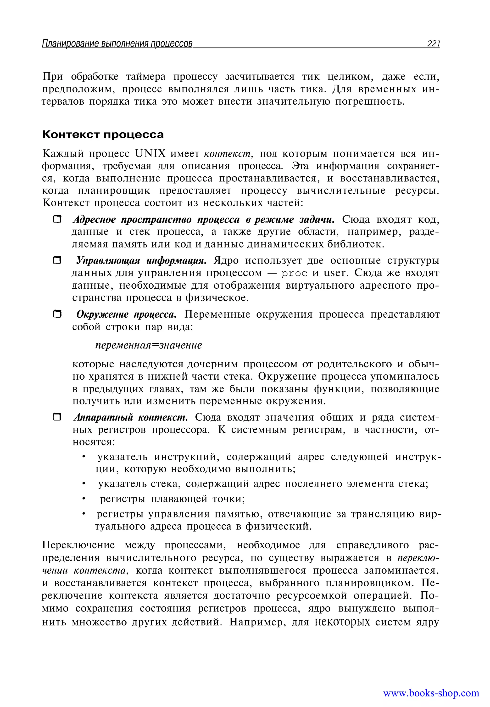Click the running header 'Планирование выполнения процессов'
(x=117, y=44)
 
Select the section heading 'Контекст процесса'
(x=103, y=135)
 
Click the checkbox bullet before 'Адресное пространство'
(x=57, y=219)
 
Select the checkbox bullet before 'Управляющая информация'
(x=57, y=260)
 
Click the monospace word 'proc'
(x=295, y=273)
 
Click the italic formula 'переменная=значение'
(x=149, y=345)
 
